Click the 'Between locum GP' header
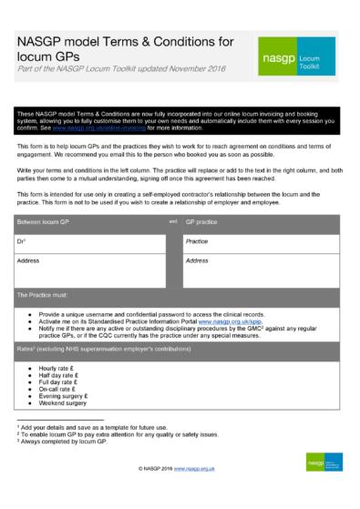click(48, 221)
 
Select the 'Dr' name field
click(91, 241)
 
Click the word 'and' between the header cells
click(172, 221)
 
